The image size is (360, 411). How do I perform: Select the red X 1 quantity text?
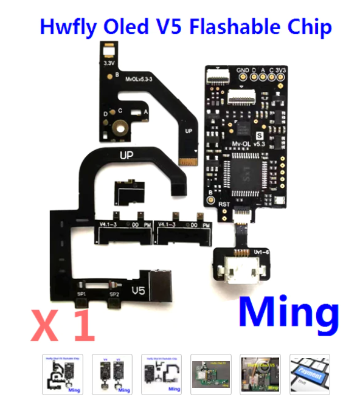63,326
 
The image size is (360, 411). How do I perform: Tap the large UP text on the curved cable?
126,156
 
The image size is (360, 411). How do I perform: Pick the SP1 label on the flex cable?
81,294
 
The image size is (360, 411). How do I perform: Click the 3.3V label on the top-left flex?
110,63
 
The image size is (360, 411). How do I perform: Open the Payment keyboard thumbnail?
310,374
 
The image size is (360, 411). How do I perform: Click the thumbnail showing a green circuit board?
210,374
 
